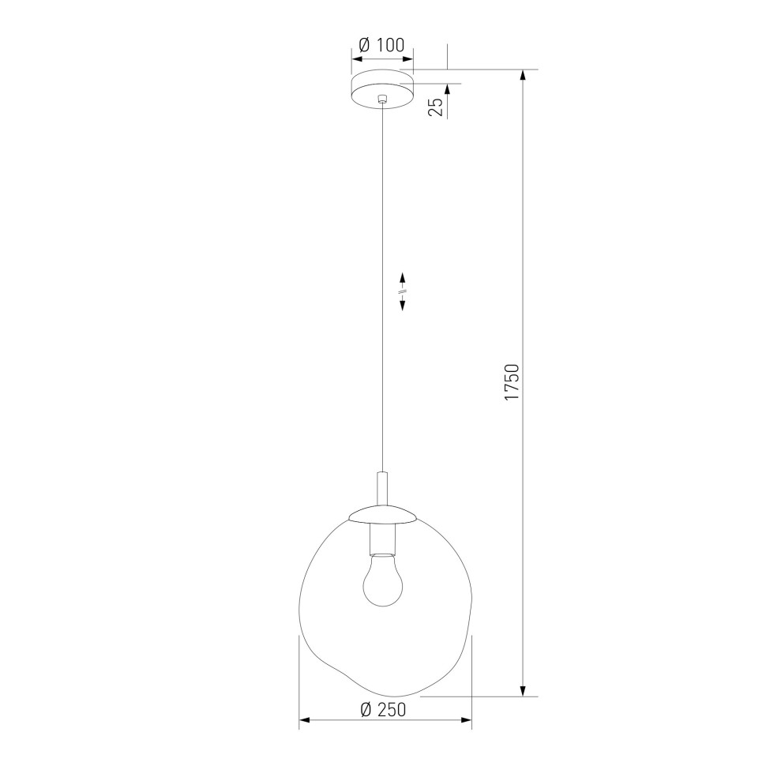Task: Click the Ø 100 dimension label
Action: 381,45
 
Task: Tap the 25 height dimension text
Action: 436,107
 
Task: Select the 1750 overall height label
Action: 512,382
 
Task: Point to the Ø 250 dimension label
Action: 383,709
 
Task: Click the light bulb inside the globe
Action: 383,581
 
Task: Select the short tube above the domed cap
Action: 382,489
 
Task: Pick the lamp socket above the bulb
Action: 382,539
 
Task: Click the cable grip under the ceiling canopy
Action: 382,100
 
